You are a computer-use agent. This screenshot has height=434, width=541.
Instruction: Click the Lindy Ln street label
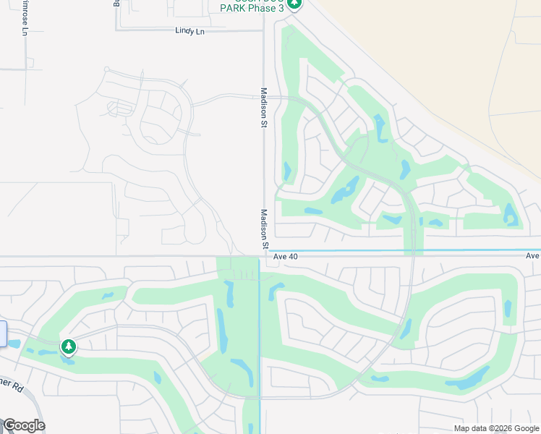click(x=190, y=31)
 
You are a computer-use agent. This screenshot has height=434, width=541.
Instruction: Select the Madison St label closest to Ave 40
click(x=264, y=229)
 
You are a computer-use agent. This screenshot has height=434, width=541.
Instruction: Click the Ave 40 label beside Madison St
click(x=286, y=256)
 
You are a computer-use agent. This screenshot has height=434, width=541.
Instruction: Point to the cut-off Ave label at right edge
click(x=533, y=256)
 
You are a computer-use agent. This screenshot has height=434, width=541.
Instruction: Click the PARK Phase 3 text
click(x=252, y=8)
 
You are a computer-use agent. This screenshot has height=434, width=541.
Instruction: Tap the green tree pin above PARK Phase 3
click(x=294, y=4)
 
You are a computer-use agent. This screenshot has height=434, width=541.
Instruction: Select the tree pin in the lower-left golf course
click(x=69, y=347)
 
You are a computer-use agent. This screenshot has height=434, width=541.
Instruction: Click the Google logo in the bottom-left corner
click(x=24, y=425)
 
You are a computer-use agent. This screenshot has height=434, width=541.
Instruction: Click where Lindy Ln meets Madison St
click(x=263, y=30)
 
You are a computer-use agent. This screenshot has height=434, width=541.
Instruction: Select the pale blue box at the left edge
click(x=2, y=334)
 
